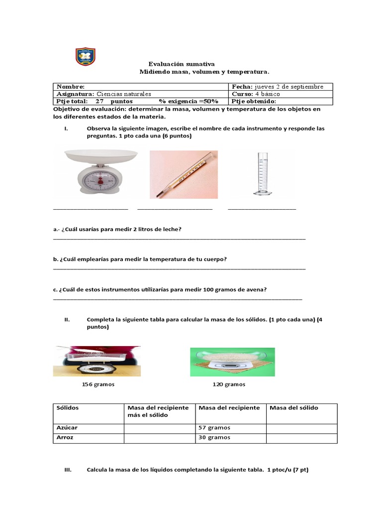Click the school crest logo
[85, 56]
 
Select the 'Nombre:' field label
[71, 87]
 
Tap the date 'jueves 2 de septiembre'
[288, 87]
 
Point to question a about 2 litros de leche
[117, 229]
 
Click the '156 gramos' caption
[98, 384]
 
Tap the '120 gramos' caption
[229, 384]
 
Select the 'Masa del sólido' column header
[293, 408]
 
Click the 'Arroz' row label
[65, 437]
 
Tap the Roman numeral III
[68, 470]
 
